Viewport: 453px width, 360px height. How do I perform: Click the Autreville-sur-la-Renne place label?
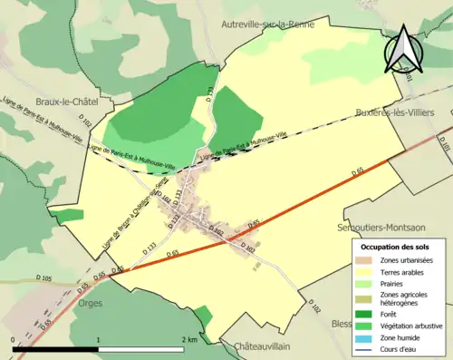pos(267,24)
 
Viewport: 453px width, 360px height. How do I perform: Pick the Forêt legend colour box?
pos(368,313)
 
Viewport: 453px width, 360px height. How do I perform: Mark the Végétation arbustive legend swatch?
pos(368,325)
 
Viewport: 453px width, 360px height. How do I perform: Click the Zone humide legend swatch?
pos(368,336)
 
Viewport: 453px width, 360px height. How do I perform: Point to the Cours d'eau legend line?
pos(368,348)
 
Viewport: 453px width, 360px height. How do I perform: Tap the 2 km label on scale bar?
pos(188,339)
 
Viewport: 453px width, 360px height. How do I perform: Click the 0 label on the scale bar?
pos(14,339)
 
